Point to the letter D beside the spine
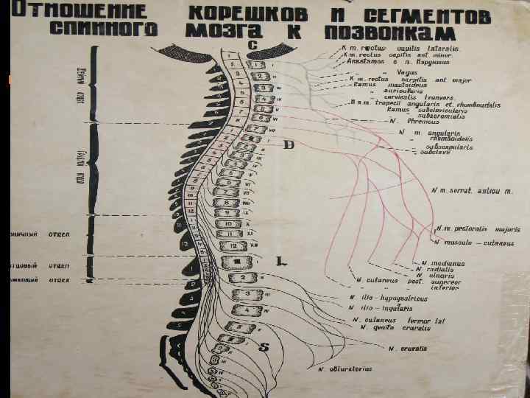(x=289, y=145)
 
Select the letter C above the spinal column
(x=252, y=46)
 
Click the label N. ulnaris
(x=442, y=276)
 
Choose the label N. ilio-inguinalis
(x=382, y=307)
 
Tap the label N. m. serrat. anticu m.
(x=472, y=191)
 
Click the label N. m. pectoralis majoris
(x=478, y=229)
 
